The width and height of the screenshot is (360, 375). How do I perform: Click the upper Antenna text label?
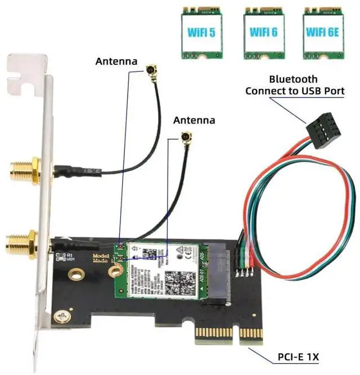(116, 61)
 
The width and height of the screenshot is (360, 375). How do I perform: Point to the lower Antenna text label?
(194, 120)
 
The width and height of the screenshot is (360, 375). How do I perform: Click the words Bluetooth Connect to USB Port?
(294, 84)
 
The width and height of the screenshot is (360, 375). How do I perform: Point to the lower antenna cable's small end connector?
(184, 137)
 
